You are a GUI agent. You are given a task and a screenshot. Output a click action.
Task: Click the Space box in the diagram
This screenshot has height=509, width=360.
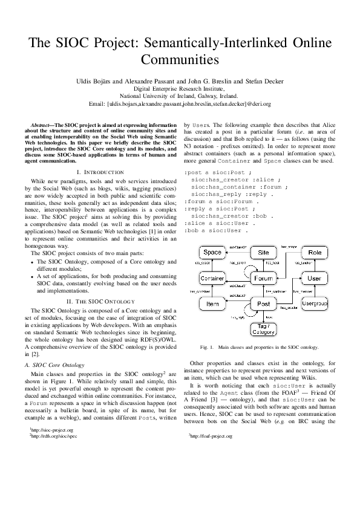[x=212, y=252]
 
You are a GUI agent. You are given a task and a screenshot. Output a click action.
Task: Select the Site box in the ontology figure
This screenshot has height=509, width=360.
[x=263, y=252]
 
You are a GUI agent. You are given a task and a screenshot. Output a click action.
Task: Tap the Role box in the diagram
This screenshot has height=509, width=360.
[x=315, y=252]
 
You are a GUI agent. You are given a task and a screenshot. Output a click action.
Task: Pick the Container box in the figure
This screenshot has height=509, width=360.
[x=212, y=278]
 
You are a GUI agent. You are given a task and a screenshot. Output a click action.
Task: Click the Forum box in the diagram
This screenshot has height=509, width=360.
[x=263, y=278]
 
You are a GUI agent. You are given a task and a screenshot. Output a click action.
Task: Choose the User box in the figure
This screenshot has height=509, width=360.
[x=315, y=278]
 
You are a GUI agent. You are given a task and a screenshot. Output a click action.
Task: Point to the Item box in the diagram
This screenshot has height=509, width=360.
[x=212, y=303]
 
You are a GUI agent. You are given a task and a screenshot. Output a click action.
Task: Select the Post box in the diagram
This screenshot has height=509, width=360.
[x=263, y=303]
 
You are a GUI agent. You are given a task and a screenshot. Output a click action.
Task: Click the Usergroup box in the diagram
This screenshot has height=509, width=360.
[x=315, y=303]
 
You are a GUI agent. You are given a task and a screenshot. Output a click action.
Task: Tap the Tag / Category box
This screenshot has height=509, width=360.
[x=263, y=329]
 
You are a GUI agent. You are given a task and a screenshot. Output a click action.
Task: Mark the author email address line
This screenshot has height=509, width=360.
[x=180, y=104]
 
